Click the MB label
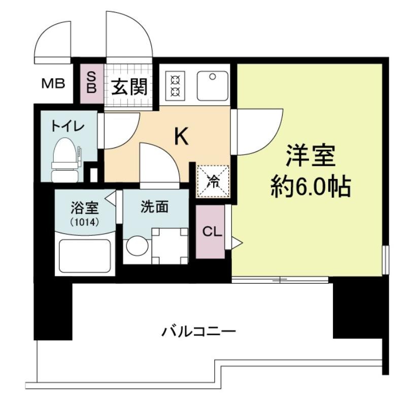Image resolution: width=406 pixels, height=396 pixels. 53,83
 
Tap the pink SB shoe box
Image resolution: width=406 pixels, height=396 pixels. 92,83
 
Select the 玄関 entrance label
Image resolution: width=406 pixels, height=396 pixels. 129,87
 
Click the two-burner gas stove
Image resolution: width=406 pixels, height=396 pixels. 175,86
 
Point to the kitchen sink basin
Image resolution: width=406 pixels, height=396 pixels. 213,86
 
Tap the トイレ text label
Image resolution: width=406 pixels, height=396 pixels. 68,126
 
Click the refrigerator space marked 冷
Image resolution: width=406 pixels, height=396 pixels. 213,181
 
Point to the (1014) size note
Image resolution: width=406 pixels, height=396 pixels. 85,222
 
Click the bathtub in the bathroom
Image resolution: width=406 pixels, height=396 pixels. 85,256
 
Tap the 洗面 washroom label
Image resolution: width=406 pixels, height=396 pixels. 155,207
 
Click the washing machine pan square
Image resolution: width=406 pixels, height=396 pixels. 170,246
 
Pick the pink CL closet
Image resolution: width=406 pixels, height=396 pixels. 210,232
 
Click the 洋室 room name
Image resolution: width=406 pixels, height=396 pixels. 311,156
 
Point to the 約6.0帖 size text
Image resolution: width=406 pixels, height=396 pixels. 311,187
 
